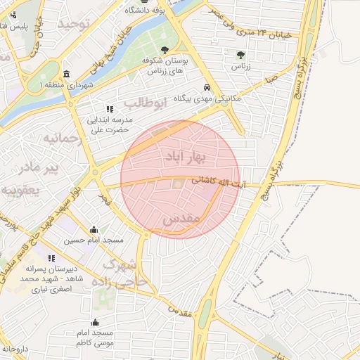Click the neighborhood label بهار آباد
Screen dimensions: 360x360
coord(181,155)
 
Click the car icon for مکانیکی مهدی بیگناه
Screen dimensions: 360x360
coord(207,88)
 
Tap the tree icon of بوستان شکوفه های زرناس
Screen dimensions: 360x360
coord(165,50)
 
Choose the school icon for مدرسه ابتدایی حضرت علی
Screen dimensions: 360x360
coord(109,109)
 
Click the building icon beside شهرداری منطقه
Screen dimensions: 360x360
coord(66,75)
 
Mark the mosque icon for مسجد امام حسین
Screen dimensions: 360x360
coord(94,229)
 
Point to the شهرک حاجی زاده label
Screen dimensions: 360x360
coord(127,274)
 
